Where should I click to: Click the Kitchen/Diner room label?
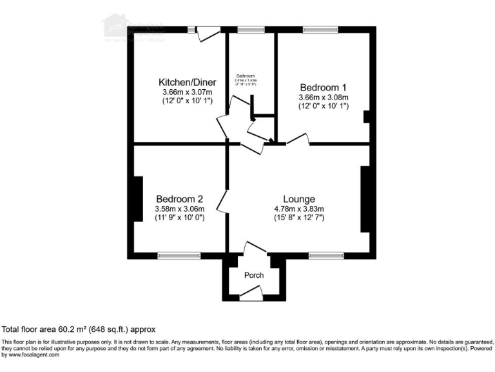(187, 82)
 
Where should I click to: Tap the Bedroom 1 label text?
(323, 87)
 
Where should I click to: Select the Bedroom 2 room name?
(180, 199)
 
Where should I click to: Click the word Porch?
(254, 275)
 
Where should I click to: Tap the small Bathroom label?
(246, 75)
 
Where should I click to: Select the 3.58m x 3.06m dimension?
(180, 209)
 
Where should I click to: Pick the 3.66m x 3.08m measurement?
(323, 97)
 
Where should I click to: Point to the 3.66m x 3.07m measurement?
(187, 92)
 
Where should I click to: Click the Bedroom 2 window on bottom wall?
(176, 255)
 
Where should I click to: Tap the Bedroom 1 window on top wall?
(320, 30)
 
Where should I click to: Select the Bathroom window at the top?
(251, 30)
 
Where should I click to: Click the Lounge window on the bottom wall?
(325, 255)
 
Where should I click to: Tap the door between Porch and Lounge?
(255, 249)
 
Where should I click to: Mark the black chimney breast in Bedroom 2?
(137, 198)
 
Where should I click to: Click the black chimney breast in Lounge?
(365, 199)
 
